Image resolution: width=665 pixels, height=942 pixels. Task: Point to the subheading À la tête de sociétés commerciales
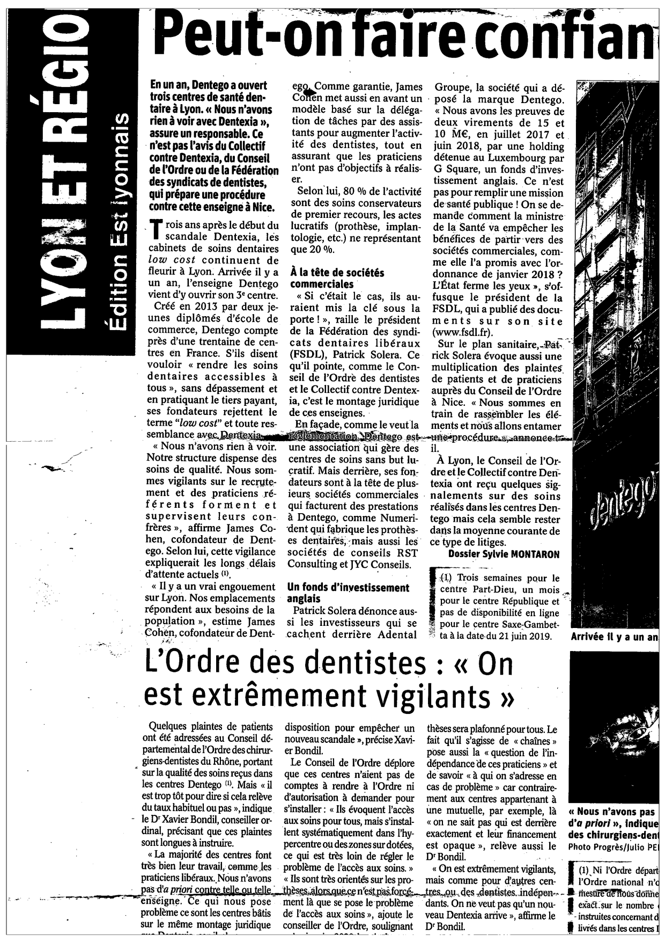(x=337, y=278)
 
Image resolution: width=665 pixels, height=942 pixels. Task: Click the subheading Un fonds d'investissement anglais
(x=348, y=593)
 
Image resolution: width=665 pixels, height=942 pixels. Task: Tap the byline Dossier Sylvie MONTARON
(x=504, y=554)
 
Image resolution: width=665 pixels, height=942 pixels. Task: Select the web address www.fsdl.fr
(x=462, y=332)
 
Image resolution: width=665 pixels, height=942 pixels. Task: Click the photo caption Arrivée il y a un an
(x=615, y=637)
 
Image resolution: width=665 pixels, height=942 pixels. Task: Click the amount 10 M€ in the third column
(x=450, y=135)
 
